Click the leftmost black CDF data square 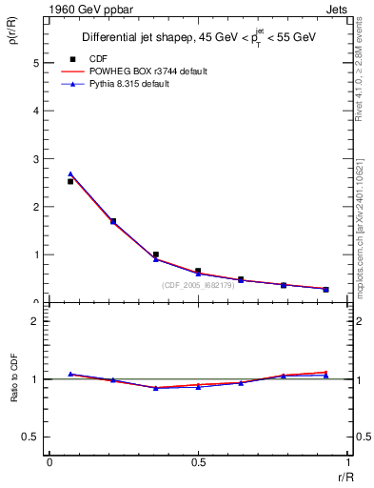pyautogui.click(x=70, y=181)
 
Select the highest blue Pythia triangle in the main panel pyautogui.click(x=70, y=173)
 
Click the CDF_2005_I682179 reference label pyautogui.click(x=202, y=286)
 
